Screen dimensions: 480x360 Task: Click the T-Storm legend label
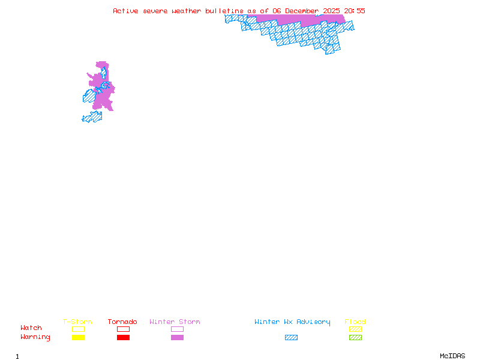pyautogui.click(x=77, y=322)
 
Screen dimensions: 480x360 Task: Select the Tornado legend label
pyautogui.click(x=122, y=322)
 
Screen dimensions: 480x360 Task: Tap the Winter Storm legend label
pyautogui.click(x=175, y=322)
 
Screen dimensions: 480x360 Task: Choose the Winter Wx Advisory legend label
pyautogui.click(x=292, y=322)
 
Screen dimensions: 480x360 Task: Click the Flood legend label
pyautogui.click(x=355, y=322)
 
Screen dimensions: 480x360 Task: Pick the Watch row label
pyautogui.click(x=31, y=328)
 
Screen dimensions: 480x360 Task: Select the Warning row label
pyautogui.click(x=35, y=337)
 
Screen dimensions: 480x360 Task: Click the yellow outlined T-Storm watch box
pyautogui.click(x=78, y=329)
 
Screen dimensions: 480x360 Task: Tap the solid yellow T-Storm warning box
pyautogui.click(x=78, y=337)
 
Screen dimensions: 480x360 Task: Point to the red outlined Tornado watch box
pyautogui.click(x=123, y=329)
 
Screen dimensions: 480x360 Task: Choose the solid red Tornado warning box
pyautogui.click(x=123, y=337)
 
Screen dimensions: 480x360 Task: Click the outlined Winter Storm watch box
pyautogui.click(x=177, y=329)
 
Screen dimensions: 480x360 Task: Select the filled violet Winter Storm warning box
pyautogui.click(x=177, y=337)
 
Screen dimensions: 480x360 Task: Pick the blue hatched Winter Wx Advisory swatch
pyautogui.click(x=291, y=337)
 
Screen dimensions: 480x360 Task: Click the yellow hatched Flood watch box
pyautogui.click(x=355, y=329)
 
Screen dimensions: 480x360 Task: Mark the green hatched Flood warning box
pyautogui.click(x=355, y=337)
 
